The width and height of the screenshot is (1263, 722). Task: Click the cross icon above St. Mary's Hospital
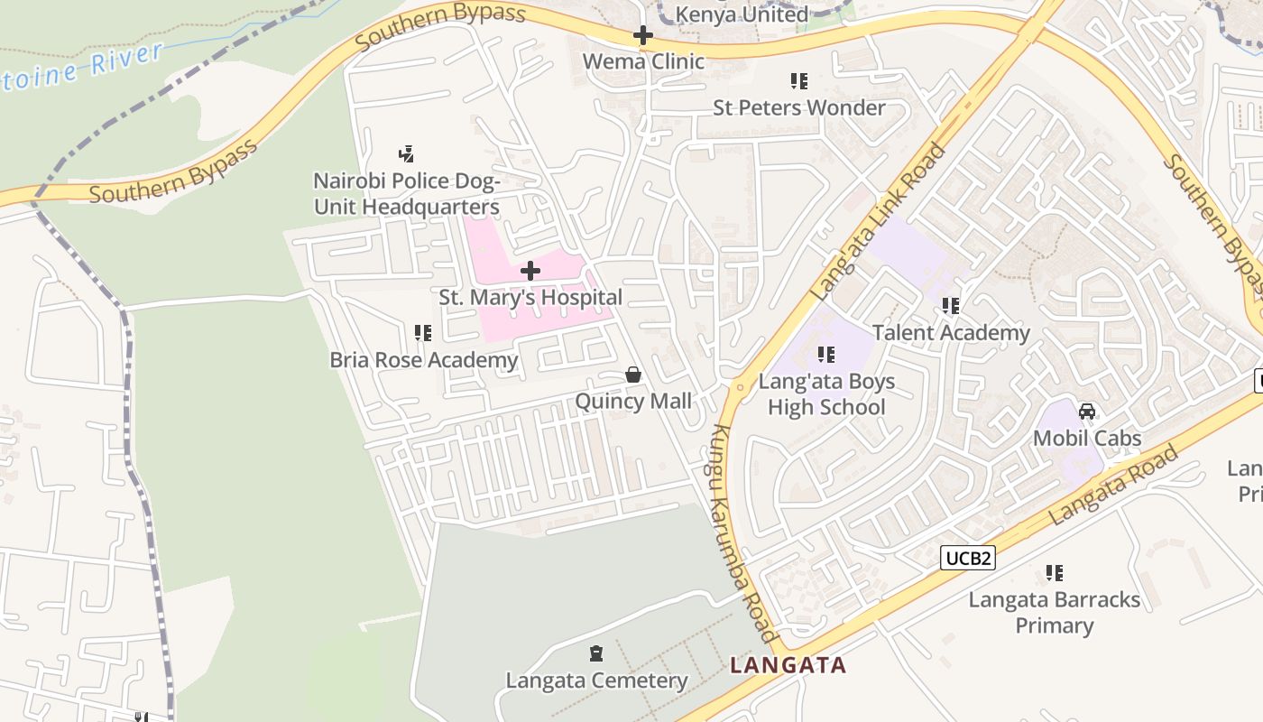(x=530, y=271)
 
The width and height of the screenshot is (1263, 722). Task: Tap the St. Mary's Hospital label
(x=530, y=297)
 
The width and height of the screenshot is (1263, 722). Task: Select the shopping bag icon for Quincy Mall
(x=633, y=375)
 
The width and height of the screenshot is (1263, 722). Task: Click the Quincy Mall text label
(x=633, y=401)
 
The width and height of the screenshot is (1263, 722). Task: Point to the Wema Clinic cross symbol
(x=642, y=36)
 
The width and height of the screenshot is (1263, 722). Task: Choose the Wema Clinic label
(x=642, y=61)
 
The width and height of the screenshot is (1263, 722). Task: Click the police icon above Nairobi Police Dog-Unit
(x=406, y=154)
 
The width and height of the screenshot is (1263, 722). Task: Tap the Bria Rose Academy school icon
(x=423, y=334)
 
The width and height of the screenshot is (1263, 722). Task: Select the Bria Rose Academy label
(x=423, y=360)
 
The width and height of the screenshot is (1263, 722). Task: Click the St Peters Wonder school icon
(x=798, y=82)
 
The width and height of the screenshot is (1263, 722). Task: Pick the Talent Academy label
(x=951, y=332)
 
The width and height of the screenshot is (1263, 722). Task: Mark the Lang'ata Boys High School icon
(x=826, y=356)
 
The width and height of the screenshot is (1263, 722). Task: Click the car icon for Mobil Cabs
(x=1087, y=412)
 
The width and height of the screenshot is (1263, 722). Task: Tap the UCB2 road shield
(x=969, y=559)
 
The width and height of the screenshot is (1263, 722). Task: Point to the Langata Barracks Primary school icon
(x=1054, y=573)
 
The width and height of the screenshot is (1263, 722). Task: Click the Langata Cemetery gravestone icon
(x=595, y=653)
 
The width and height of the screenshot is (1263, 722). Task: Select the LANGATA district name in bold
(x=788, y=666)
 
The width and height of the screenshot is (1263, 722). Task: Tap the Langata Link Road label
(x=878, y=222)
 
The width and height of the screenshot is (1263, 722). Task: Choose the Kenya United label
(x=742, y=14)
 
